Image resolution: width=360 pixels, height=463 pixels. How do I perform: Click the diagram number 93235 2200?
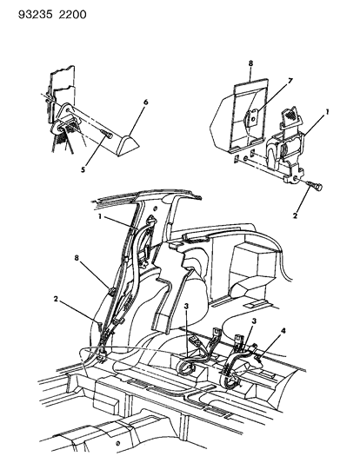[39, 10]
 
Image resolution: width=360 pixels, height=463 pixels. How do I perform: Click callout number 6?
[145, 102]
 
